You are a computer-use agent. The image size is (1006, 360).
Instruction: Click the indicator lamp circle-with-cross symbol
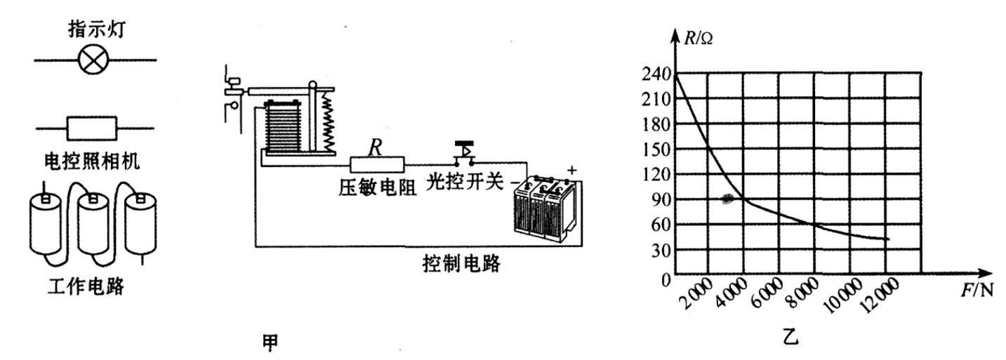click(x=92, y=60)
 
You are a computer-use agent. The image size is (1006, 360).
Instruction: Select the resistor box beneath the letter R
click(x=378, y=165)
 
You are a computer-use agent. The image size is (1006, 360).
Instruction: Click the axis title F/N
click(x=977, y=290)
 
